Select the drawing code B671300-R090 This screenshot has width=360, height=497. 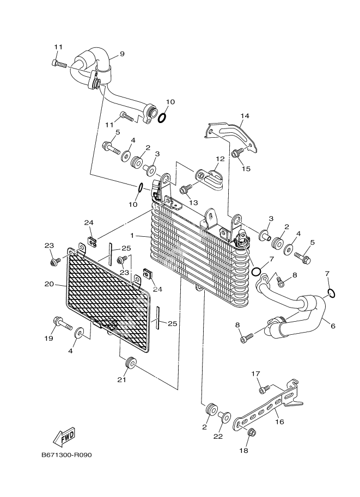click(x=66, y=455)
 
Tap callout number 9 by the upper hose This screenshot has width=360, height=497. click(x=121, y=54)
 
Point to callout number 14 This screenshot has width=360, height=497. click(x=244, y=116)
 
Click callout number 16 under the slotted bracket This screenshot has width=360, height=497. click(x=279, y=421)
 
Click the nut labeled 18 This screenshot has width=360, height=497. click(x=251, y=433)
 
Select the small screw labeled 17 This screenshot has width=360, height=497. click(x=265, y=389)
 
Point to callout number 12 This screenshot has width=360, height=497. click(x=219, y=159)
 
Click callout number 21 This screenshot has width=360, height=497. click(x=121, y=379)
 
